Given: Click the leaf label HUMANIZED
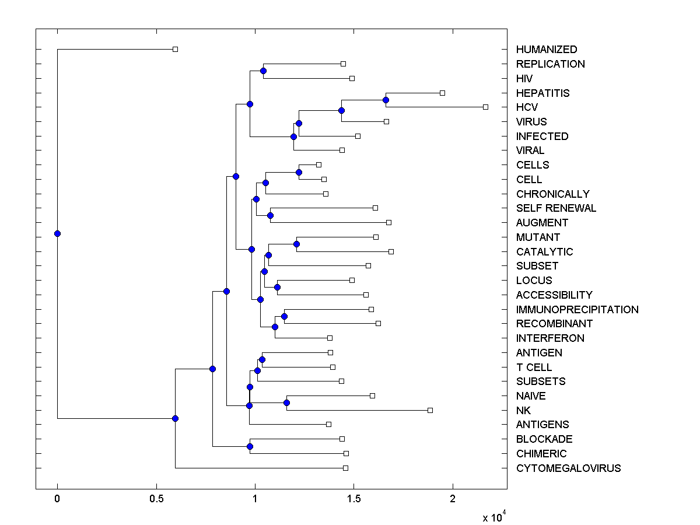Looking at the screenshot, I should pyautogui.click(x=547, y=50).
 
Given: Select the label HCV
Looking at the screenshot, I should pyautogui.click(x=527, y=107).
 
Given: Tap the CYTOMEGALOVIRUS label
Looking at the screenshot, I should pyautogui.click(x=568, y=468).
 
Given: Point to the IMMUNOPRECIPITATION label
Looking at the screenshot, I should pyautogui.click(x=577, y=310).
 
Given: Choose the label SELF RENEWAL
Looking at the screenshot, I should pyautogui.click(x=556, y=208).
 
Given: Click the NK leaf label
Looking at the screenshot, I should pyautogui.click(x=523, y=411).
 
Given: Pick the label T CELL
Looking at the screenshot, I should pyautogui.click(x=534, y=367).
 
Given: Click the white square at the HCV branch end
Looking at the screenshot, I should pyautogui.click(x=485, y=107).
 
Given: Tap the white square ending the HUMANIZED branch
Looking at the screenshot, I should pyautogui.click(x=175, y=49).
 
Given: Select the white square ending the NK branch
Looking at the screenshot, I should pyautogui.click(x=430, y=410).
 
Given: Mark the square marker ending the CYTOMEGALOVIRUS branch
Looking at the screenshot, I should pyautogui.click(x=345, y=468).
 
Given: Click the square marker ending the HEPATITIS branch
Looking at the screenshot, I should pyautogui.click(x=442, y=93).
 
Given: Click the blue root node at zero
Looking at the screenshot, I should pyautogui.click(x=57, y=233).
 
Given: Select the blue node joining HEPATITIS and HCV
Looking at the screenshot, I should pyautogui.click(x=386, y=100).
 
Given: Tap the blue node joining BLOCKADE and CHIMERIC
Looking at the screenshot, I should pyautogui.click(x=250, y=446).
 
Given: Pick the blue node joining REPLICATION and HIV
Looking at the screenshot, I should pyautogui.click(x=263, y=71).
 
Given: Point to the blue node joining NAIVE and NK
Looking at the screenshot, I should pyautogui.click(x=286, y=402).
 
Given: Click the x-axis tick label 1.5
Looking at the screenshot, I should pyautogui.click(x=353, y=499).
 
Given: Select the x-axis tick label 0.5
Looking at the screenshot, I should pyautogui.click(x=156, y=499).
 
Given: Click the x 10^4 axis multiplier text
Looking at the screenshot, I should pyautogui.click(x=493, y=517).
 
